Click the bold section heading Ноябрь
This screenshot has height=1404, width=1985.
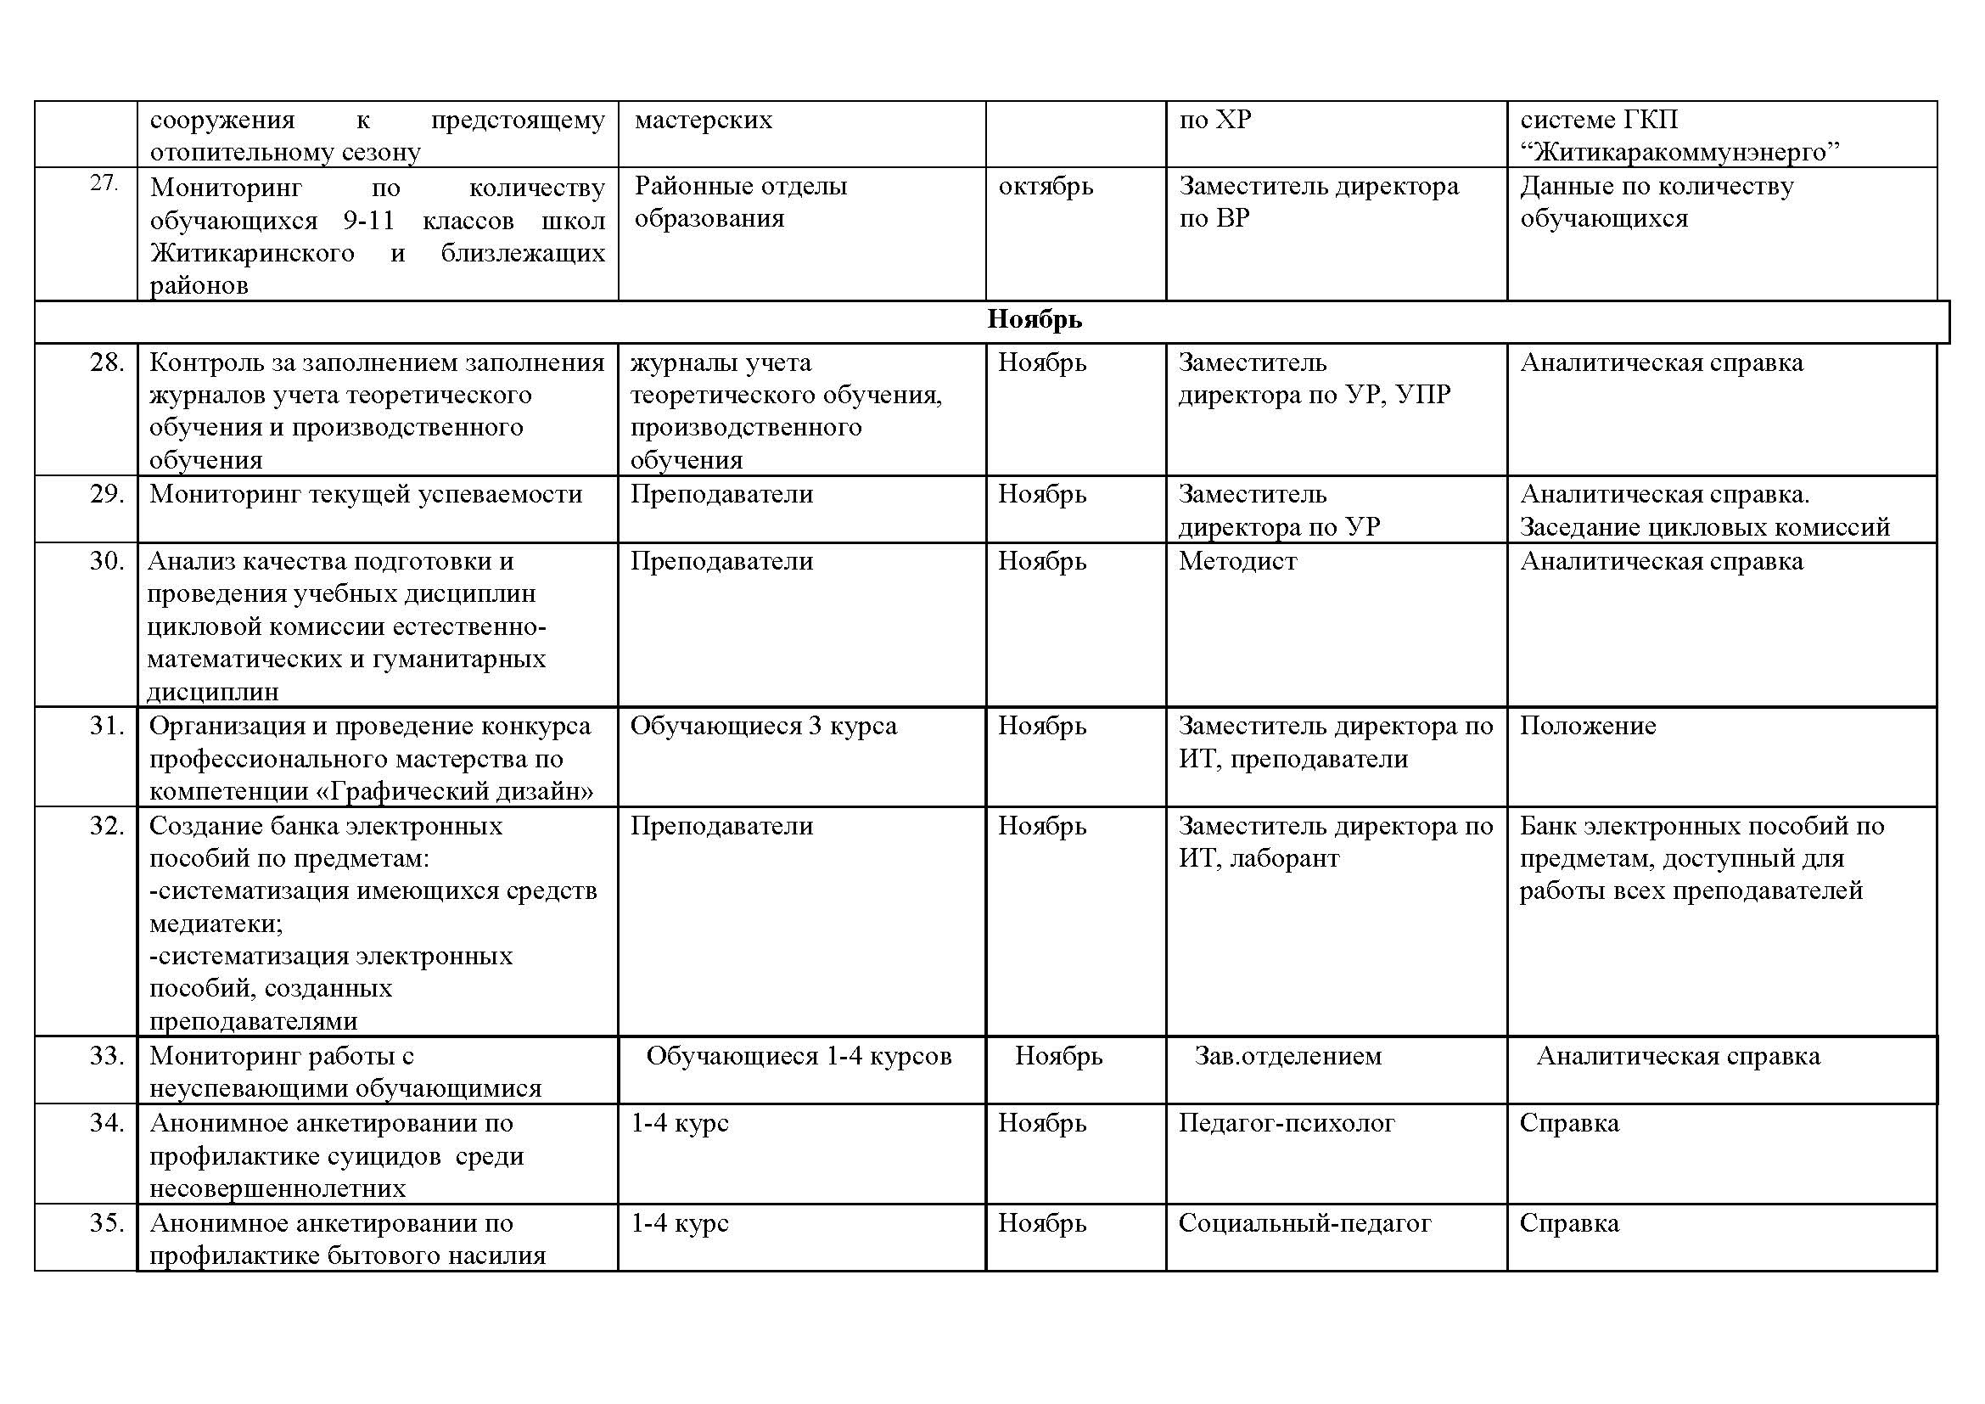click(1034, 321)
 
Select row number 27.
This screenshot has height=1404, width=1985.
click(104, 184)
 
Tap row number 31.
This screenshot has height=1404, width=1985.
click(107, 727)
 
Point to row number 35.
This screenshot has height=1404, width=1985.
click(107, 1223)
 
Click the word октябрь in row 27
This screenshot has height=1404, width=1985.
click(1046, 187)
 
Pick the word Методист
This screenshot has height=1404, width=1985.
click(1237, 562)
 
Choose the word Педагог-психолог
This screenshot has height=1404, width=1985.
click(1287, 1123)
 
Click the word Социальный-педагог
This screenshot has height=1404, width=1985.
click(1304, 1223)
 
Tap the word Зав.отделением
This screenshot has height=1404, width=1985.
click(1288, 1056)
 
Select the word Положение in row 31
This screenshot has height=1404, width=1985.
click(1587, 727)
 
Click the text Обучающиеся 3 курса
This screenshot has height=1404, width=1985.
click(764, 727)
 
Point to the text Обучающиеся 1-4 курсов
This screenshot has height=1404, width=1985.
click(799, 1056)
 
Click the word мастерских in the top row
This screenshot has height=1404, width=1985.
click(703, 120)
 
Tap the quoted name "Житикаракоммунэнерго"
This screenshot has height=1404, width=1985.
click(1679, 152)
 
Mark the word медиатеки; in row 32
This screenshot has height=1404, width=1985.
click(216, 924)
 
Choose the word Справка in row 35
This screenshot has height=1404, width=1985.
click(1569, 1223)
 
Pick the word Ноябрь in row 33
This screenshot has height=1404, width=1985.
click(1058, 1056)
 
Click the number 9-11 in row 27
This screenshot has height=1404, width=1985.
click(368, 221)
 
